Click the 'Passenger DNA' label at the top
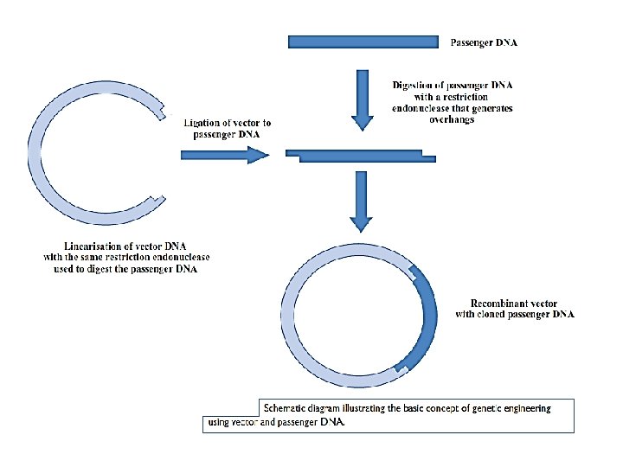point(484,41)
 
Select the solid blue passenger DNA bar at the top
point(363,42)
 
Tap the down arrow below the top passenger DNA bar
point(362,100)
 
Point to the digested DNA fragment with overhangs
point(360,156)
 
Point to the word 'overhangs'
point(452,120)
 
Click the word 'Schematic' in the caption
point(287,407)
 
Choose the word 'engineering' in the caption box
point(527,407)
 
